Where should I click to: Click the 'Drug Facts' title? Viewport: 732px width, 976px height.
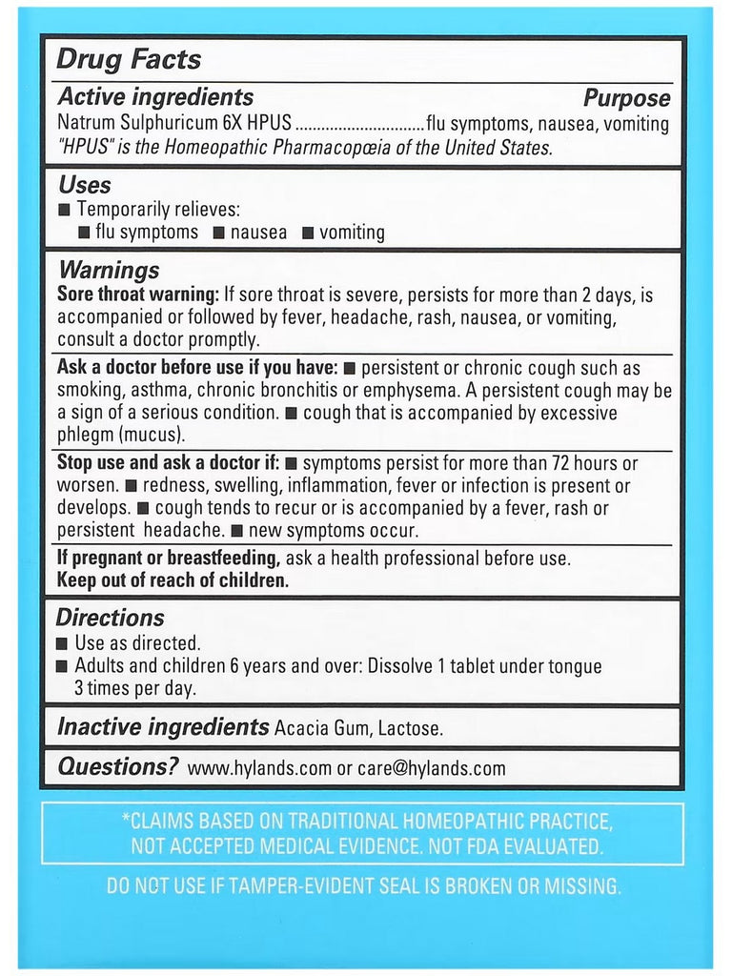tap(129, 59)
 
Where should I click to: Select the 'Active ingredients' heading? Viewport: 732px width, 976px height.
tap(155, 97)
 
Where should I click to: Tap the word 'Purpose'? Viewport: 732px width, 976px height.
tap(626, 98)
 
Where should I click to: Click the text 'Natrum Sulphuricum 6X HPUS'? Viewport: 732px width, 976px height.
tap(173, 124)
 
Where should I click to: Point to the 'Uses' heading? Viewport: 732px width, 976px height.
tap(85, 185)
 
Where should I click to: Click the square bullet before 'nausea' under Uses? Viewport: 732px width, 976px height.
tap(218, 233)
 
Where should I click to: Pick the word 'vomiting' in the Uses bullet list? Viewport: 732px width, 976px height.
tap(352, 233)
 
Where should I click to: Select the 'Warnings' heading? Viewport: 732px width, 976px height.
tap(108, 271)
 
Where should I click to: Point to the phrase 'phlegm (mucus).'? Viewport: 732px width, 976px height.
tap(121, 435)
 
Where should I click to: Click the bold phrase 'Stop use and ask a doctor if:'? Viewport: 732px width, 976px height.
tap(168, 463)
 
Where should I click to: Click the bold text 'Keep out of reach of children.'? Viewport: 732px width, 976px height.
tap(173, 579)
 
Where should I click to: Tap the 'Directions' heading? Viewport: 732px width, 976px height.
tap(110, 618)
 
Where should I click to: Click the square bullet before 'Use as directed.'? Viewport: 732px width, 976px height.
tap(63, 643)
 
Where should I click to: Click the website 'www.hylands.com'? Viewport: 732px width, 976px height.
tap(254, 768)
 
